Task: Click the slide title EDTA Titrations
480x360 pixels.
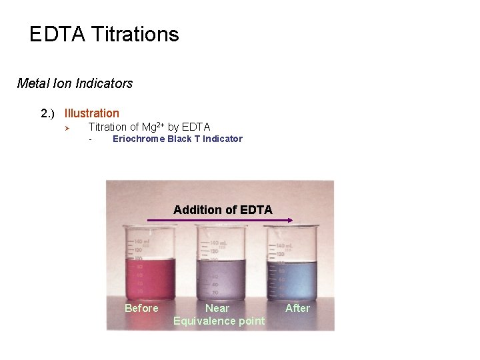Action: tap(104, 35)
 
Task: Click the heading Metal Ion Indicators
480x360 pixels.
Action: tap(75, 83)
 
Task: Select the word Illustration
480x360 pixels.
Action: tap(92, 113)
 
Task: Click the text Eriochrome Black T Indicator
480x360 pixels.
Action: tap(177, 139)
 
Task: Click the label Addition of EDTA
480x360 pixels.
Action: tap(223, 210)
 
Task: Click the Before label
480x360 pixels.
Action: tap(141, 308)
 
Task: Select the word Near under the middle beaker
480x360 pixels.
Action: tap(217, 308)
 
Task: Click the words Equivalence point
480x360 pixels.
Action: tap(219, 321)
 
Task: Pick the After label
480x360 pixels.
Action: tap(297, 308)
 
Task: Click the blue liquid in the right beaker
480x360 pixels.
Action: tap(292, 280)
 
